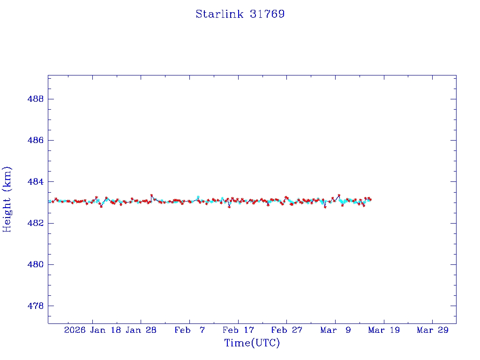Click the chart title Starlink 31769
(240, 14)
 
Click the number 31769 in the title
(267, 14)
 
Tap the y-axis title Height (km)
(7, 199)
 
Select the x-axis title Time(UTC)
(252, 343)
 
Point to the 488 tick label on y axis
(36, 99)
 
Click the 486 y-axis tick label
(36, 140)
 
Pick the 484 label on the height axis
(36, 181)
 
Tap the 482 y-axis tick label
(36, 223)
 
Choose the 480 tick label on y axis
(36, 264)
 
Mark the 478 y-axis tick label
(36, 306)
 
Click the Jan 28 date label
(141, 330)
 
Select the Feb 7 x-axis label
(189, 330)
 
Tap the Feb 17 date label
(238, 330)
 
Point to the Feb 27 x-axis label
(287, 330)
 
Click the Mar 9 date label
(335, 330)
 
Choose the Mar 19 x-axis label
(384, 330)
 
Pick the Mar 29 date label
(432, 330)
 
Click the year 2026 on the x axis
(75, 330)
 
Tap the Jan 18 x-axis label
(106, 330)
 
